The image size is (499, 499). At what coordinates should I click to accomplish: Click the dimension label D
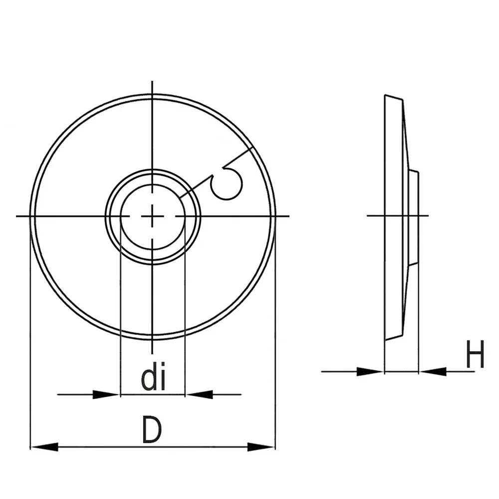pos(152,429)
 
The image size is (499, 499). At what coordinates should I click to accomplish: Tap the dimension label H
pos(475,354)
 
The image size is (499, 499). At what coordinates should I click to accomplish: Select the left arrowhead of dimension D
pos(44,447)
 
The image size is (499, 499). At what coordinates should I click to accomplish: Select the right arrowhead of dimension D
pos(261,447)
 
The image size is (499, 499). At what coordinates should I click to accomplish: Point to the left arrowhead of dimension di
pos(106,395)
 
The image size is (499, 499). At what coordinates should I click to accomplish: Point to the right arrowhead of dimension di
pos(199,395)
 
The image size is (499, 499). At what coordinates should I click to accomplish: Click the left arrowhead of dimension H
pos(370,371)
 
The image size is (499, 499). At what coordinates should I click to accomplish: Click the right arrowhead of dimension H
pos(433,371)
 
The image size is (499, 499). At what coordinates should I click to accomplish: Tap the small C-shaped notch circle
pos(226,184)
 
